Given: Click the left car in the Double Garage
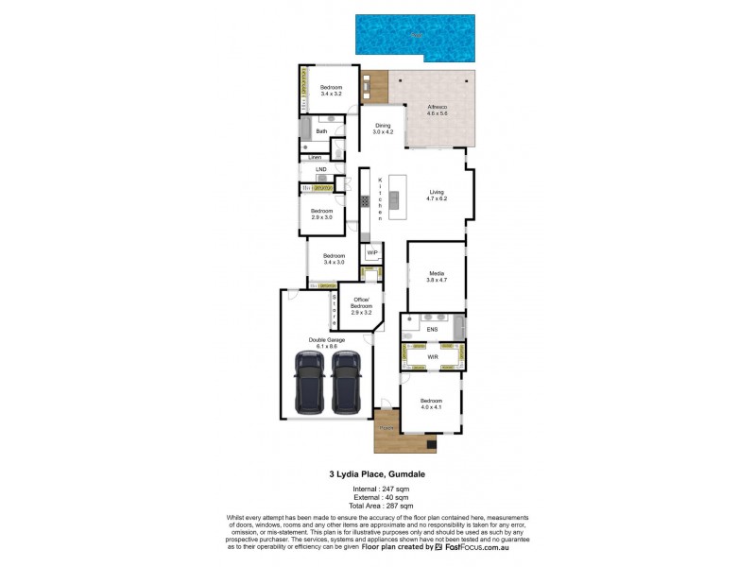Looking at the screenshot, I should tap(310, 384).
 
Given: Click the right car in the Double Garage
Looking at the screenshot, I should tap(347, 384).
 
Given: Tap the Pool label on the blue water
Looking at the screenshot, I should tap(416, 36).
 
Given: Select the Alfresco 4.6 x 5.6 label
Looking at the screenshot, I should tap(437, 110).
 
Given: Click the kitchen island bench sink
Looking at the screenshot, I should tap(394, 198).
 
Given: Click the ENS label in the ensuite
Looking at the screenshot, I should tap(432, 329).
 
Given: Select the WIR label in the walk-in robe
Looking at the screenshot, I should tap(432, 357).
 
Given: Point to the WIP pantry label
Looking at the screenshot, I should tap(372, 252).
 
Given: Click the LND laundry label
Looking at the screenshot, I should tap(320, 170).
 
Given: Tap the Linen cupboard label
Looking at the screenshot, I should tap(315, 156).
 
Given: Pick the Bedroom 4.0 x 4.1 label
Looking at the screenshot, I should tap(431, 404).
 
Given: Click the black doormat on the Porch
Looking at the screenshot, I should tap(432, 444).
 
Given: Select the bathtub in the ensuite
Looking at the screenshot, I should tap(458, 329).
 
